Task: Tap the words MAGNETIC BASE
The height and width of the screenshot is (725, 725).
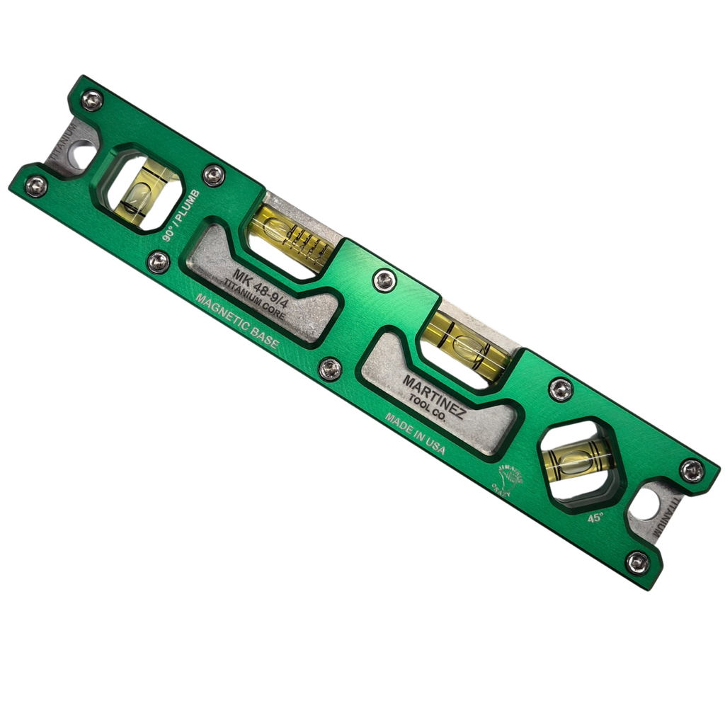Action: point(236,321)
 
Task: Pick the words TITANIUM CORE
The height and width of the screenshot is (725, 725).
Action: point(254,301)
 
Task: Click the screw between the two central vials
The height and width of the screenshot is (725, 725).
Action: point(384,280)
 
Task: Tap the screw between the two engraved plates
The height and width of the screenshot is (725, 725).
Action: point(329,368)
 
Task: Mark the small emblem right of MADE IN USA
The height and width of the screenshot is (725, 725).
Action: point(507,484)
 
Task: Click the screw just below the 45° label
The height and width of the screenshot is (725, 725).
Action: point(637,562)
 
